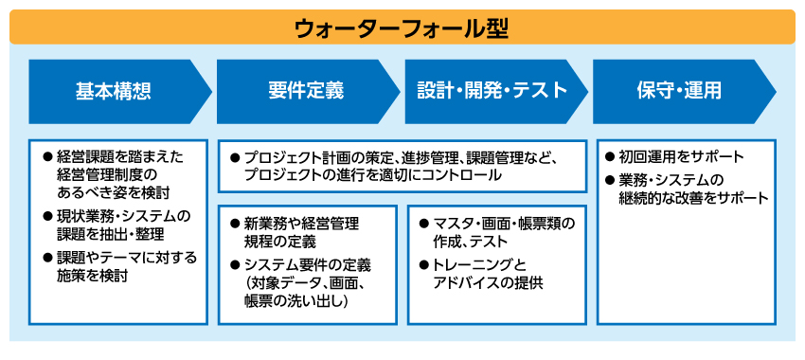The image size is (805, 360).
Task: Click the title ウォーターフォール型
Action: pos(402,27)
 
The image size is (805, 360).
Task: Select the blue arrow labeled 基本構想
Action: pos(114,91)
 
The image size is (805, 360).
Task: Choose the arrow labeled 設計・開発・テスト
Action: pos(492,91)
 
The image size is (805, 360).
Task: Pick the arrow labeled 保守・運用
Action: pos(679,91)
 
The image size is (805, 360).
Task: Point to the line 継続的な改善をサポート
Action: pos(694,198)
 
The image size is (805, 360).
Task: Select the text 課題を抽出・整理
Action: pos(111,233)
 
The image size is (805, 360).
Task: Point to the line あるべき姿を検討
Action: pos(127,191)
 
